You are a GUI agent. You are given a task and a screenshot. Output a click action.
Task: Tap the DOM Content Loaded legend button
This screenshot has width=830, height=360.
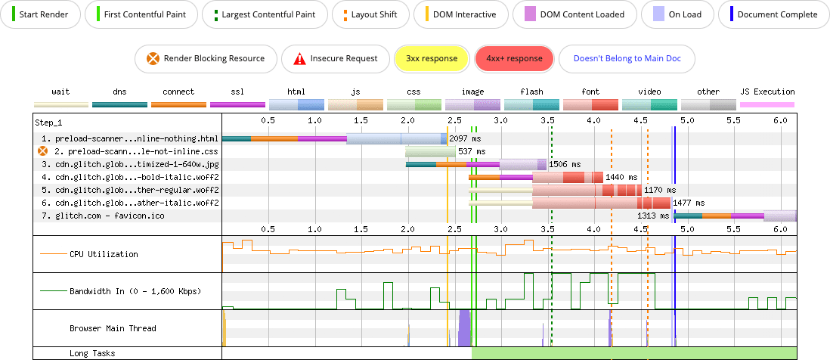[x=573, y=14]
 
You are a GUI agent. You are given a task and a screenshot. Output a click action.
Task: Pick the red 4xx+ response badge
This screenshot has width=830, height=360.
[x=514, y=58]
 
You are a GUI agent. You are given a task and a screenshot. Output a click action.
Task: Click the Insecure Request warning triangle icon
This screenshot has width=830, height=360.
[x=300, y=58]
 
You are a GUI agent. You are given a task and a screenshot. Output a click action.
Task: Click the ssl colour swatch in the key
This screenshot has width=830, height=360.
[x=237, y=104]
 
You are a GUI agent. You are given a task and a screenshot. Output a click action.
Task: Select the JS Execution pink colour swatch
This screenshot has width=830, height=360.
[x=767, y=104]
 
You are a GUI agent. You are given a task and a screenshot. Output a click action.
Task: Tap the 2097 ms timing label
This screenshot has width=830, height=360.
[x=464, y=139]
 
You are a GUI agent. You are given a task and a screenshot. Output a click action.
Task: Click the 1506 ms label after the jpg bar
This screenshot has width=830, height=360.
[x=565, y=164]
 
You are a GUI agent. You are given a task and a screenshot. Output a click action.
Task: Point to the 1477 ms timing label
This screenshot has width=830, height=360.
[x=689, y=203]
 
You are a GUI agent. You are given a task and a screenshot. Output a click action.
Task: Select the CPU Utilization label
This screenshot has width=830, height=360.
[x=104, y=254]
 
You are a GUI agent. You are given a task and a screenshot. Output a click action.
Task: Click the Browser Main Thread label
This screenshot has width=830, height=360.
[x=113, y=329]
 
